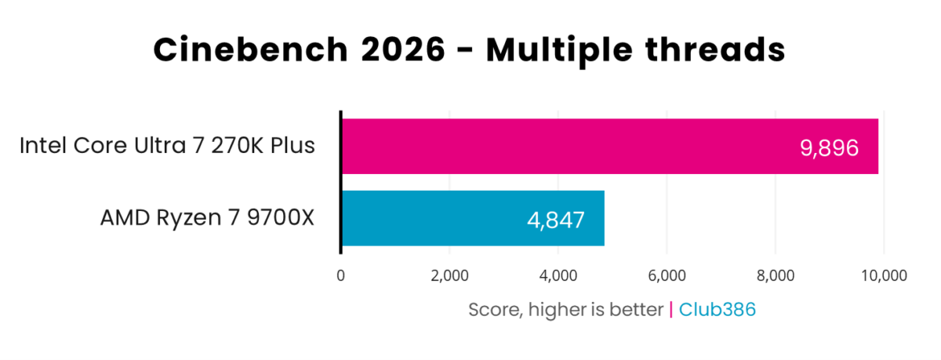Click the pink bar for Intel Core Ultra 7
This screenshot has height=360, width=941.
point(549,147)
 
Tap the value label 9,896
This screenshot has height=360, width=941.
point(829,147)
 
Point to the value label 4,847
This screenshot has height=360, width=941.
point(555,219)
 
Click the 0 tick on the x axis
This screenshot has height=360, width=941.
point(340,275)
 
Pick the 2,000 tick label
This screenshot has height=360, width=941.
point(449,275)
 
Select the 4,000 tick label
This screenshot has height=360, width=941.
point(558,275)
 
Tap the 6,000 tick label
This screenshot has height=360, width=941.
point(667,275)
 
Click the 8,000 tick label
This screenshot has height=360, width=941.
point(775,275)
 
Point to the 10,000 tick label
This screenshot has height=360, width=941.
point(884,275)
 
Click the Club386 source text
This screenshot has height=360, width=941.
point(718,309)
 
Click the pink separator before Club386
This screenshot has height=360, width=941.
point(671,309)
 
